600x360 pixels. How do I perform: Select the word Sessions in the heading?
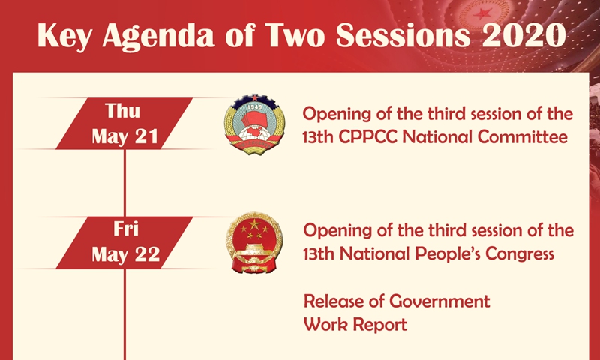coord(403,35)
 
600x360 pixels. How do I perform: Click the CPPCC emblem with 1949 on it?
coord(254,124)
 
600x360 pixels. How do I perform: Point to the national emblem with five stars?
coord(254,242)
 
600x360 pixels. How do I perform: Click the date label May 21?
coord(124,136)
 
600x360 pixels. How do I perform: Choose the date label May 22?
coord(125,254)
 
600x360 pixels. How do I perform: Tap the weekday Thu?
coord(122,111)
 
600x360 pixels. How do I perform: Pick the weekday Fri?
coord(125,229)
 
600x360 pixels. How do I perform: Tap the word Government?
coord(439,301)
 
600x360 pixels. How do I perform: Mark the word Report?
coord(380,325)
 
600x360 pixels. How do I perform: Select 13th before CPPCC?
coord(318,137)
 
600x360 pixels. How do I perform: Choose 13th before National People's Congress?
coord(319,253)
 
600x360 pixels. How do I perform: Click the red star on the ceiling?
coord(482,14)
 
